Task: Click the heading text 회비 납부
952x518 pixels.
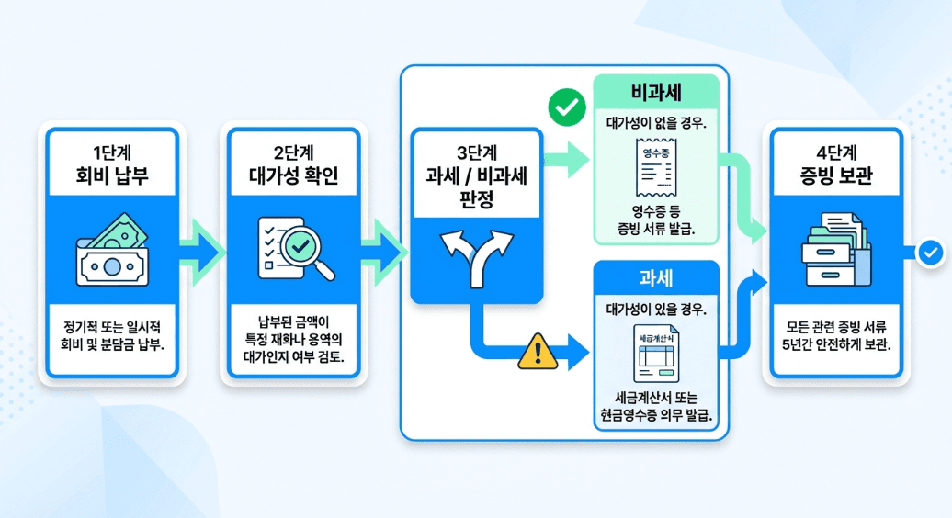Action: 112,176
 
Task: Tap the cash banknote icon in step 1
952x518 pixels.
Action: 112,250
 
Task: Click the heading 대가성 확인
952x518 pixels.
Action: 293,176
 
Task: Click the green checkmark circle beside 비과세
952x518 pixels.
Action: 566,108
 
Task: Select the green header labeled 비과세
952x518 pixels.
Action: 655,94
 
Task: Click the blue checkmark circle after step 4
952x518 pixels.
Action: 931,251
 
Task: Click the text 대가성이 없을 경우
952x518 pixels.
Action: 655,122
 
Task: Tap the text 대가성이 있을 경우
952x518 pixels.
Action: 655,308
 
